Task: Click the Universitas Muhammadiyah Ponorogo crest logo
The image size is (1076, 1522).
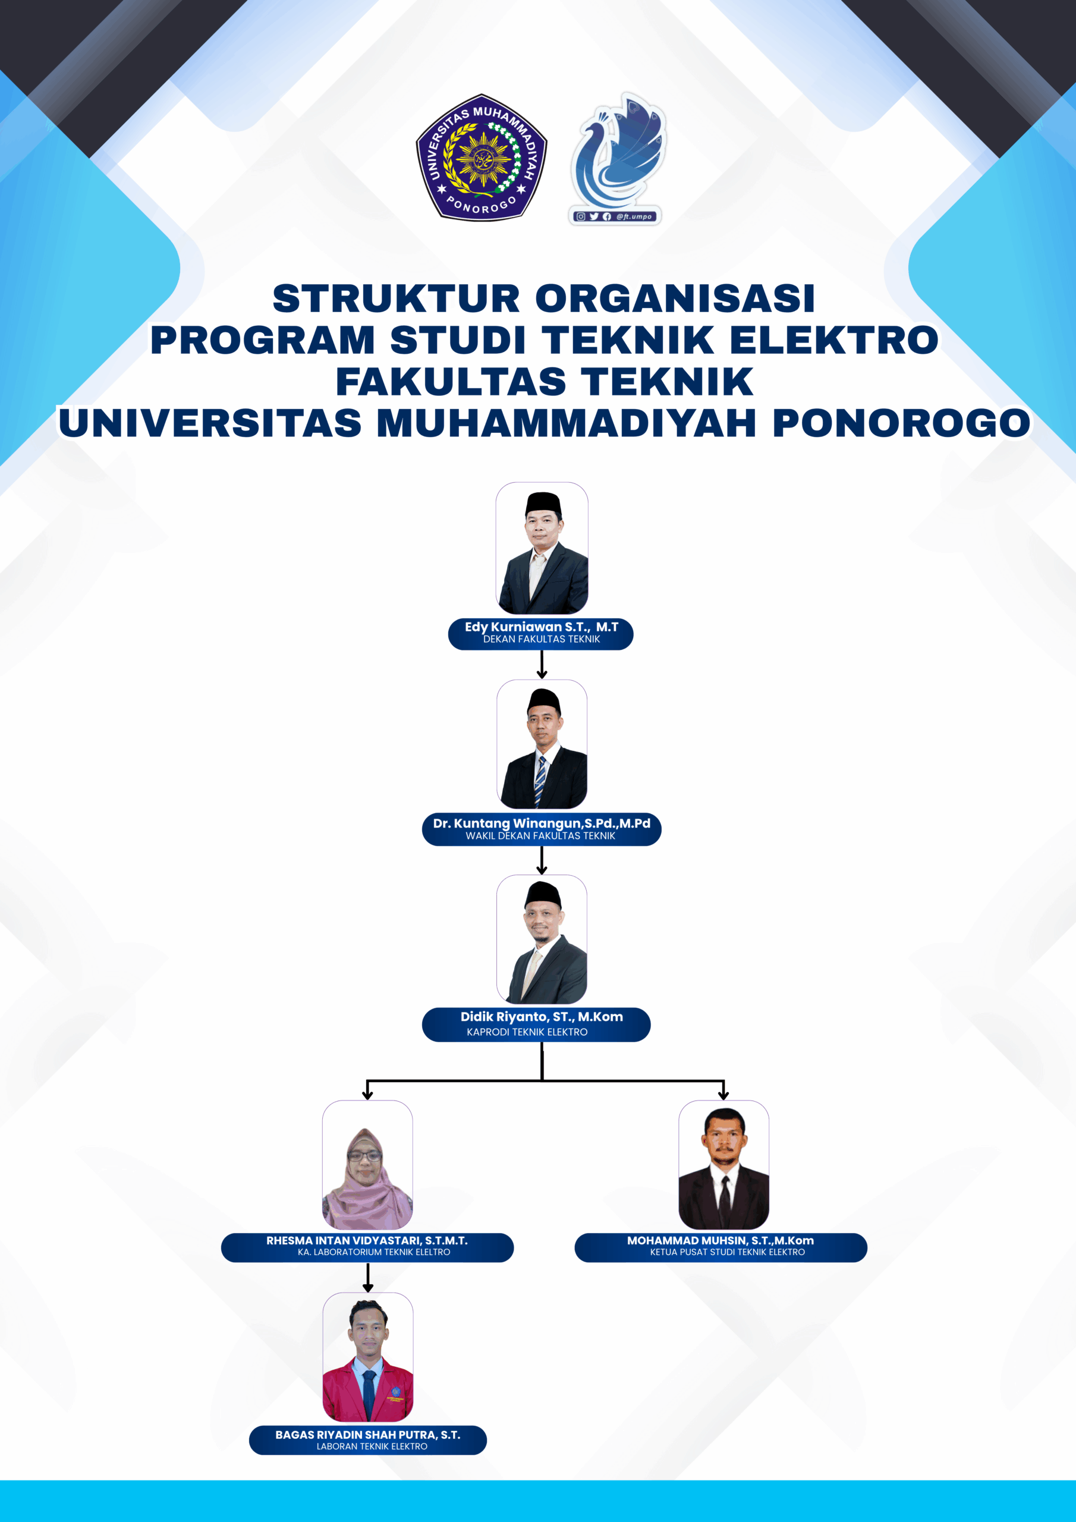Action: (482, 157)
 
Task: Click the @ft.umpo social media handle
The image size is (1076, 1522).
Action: (634, 217)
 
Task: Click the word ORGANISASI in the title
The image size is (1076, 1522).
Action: (675, 298)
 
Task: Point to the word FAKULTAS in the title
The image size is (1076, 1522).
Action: (451, 382)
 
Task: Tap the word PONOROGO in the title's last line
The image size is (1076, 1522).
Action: (902, 423)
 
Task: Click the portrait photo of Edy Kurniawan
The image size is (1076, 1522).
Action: (542, 548)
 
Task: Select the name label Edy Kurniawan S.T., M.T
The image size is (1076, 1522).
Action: (541, 627)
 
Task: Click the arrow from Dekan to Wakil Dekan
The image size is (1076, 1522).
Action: (542, 664)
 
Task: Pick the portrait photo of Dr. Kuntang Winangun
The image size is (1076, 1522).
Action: (542, 744)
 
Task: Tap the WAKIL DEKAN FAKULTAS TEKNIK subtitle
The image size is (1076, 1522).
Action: (540, 836)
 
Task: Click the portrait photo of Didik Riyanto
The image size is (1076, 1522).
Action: (542, 939)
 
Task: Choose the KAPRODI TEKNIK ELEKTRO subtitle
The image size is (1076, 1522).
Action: (527, 1032)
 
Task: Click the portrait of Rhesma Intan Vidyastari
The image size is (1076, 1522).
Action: (367, 1165)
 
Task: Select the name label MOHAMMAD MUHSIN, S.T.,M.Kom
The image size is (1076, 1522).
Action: (721, 1240)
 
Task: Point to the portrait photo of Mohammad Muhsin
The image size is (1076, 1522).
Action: (724, 1165)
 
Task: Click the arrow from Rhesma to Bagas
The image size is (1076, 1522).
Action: (368, 1278)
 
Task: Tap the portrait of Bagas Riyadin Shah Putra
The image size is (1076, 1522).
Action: (368, 1357)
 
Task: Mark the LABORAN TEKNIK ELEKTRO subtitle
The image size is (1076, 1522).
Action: (372, 1446)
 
